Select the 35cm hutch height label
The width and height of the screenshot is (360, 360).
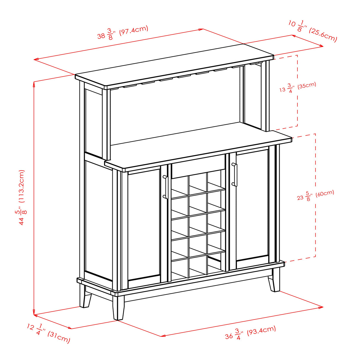(298, 87)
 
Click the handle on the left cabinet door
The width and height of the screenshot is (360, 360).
(165, 187)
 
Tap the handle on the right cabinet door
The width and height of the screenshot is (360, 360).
(235, 175)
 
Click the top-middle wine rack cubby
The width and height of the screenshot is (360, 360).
(198, 181)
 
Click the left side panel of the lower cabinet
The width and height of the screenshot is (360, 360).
(98, 219)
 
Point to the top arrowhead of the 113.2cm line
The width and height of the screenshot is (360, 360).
(34, 83)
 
